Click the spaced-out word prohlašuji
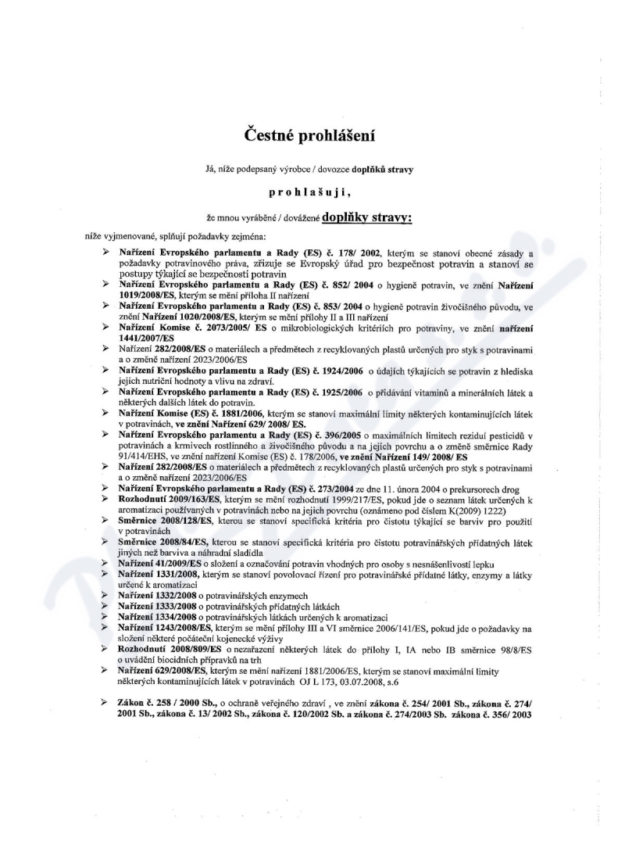[313, 188]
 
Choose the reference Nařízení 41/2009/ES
[163, 564]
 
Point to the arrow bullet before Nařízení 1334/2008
[104, 616]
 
